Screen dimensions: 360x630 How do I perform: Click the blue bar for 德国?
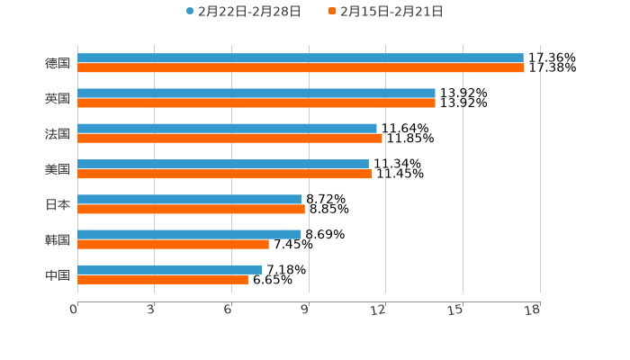[x=301, y=58]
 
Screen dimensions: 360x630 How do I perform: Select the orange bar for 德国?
[x=301, y=67]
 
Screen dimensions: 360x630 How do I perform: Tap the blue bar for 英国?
[x=256, y=94]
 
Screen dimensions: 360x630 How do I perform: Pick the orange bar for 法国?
[x=229, y=138]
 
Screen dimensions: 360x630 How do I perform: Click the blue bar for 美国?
[x=223, y=164]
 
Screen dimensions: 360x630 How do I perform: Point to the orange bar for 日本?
[x=191, y=209]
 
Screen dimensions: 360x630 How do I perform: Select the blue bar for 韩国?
[x=189, y=234]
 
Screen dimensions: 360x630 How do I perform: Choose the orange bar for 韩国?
[x=173, y=244]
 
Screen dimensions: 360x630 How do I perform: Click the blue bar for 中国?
[x=170, y=269]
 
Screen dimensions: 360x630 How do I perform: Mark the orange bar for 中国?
[x=163, y=279]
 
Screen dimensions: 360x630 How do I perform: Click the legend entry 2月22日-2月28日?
[x=243, y=12]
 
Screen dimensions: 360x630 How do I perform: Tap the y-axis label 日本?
[x=58, y=204]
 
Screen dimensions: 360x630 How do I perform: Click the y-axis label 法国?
[x=58, y=134]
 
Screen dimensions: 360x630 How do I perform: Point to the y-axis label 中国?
[x=58, y=274]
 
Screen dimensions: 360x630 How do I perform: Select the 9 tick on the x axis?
[x=306, y=310]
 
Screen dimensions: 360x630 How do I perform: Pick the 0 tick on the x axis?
[x=74, y=310]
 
